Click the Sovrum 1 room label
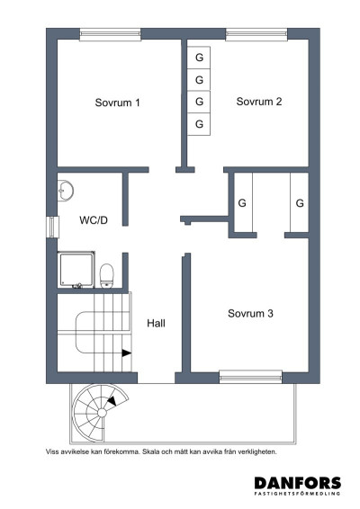click(x=117, y=103)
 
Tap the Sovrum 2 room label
click(x=259, y=102)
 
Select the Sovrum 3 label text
click(x=250, y=314)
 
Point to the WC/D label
click(x=94, y=219)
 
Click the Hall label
click(x=155, y=322)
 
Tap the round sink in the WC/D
click(x=64, y=191)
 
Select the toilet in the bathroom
click(x=106, y=272)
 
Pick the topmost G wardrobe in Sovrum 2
click(x=199, y=58)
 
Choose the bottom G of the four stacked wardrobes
click(x=199, y=123)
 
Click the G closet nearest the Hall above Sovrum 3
click(x=241, y=203)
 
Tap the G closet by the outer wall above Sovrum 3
click(x=299, y=203)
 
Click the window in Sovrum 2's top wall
click(x=250, y=34)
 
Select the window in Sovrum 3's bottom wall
click(x=244, y=376)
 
